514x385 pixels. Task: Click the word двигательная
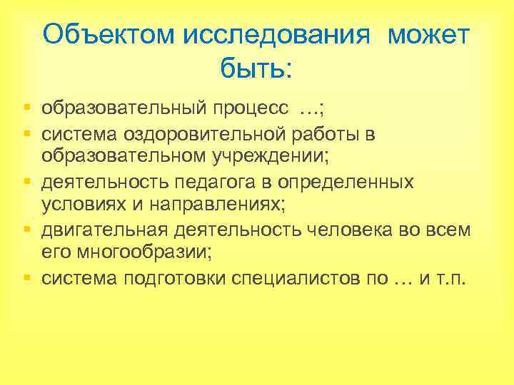104,230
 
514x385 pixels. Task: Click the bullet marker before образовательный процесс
26,109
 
